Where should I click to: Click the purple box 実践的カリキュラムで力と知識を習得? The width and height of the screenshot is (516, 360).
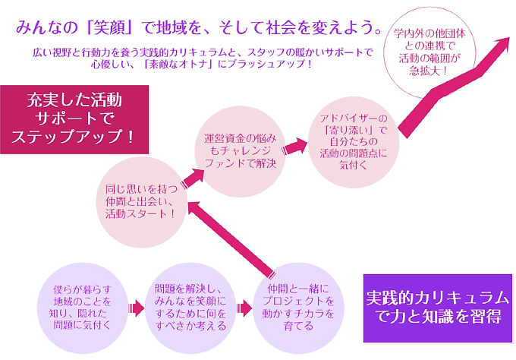[438, 308]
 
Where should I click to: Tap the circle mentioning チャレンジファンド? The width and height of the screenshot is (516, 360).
[239, 150]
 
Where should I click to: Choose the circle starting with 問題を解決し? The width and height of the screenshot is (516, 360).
[190, 308]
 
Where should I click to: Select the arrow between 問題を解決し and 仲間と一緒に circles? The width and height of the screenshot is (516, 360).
[244, 308]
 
